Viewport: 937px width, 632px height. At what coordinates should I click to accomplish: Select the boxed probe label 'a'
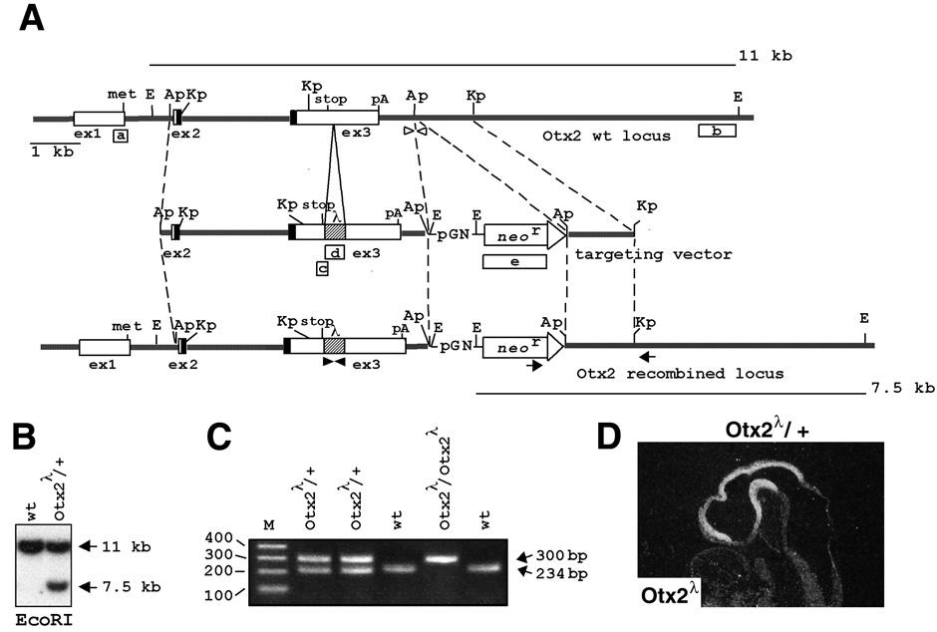[120, 135]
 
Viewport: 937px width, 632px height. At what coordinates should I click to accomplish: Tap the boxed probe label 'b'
[718, 131]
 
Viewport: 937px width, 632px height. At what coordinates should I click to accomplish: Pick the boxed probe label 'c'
[322, 267]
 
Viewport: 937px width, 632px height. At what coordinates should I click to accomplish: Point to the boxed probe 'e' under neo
[514, 261]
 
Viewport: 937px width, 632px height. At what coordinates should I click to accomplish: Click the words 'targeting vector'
[653, 254]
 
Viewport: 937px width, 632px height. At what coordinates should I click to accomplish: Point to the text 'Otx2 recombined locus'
[681, 374]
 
